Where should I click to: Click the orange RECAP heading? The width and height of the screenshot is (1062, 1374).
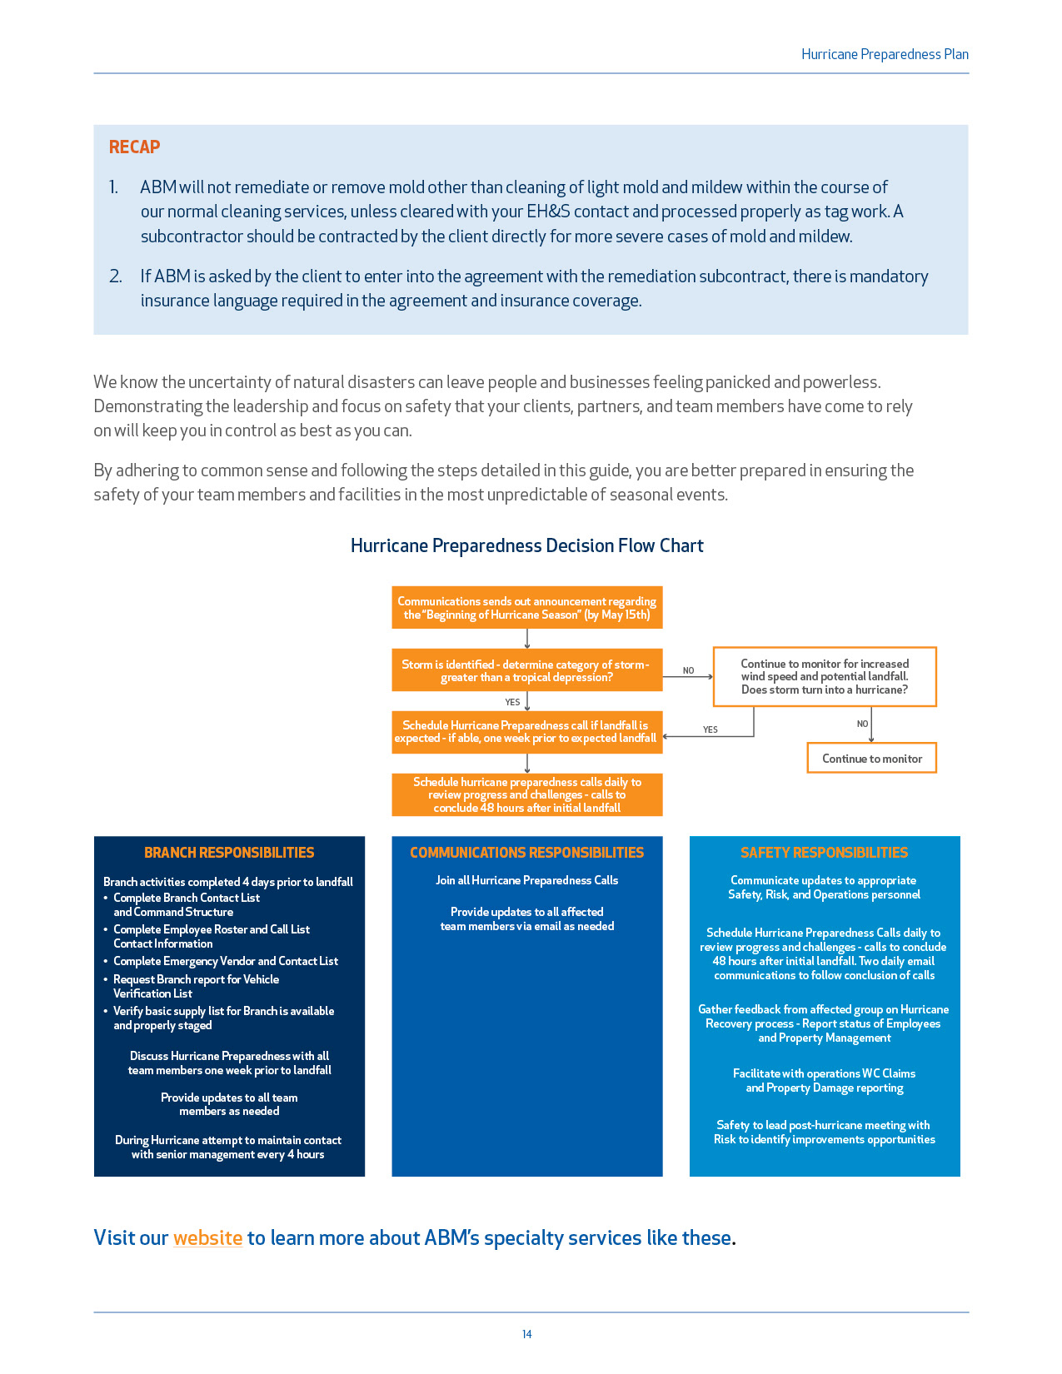click(x=134, y=147)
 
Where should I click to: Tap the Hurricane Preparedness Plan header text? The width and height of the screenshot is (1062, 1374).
click(x=885, y=54)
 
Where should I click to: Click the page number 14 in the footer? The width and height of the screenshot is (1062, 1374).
click(x=526, y=1334)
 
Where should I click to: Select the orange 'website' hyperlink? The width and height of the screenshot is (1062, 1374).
click(x=207, y=1238)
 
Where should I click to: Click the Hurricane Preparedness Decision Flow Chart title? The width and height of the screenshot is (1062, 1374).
click(x=526, y=545)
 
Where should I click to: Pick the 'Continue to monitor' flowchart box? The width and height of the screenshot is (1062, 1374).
click(x=871, y=759)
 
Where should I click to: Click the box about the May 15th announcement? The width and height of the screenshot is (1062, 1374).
click(x=526, y=608)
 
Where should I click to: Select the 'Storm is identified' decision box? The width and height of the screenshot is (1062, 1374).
click(x=526, y=670)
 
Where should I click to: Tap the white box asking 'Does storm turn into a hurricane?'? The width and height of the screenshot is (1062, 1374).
click(x=825, y=676)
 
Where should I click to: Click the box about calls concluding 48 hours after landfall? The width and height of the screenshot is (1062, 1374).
click(x=526, y=795)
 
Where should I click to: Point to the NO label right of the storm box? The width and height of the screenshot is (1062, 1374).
click(x=688, y=670)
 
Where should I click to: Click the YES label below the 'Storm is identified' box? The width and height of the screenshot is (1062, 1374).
click(x=512, y=702)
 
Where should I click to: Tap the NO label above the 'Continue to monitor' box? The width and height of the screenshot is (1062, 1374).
click(x=862, y=724)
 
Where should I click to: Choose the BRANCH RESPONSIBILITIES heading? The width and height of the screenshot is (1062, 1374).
click(x=229, y=853)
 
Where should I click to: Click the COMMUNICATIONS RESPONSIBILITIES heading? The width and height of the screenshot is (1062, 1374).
click(x=526, y=853)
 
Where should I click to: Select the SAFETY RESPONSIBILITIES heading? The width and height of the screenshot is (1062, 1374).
click(x=824, y=853)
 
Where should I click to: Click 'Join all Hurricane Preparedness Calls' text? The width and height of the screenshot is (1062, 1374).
click(x=526, y=880)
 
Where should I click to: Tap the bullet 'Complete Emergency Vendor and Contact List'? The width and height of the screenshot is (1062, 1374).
click(x=225, y=961)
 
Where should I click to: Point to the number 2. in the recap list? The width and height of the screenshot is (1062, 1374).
click(x=116, y=276)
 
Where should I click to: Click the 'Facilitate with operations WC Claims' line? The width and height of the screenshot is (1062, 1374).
click(x=824, y=1073)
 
